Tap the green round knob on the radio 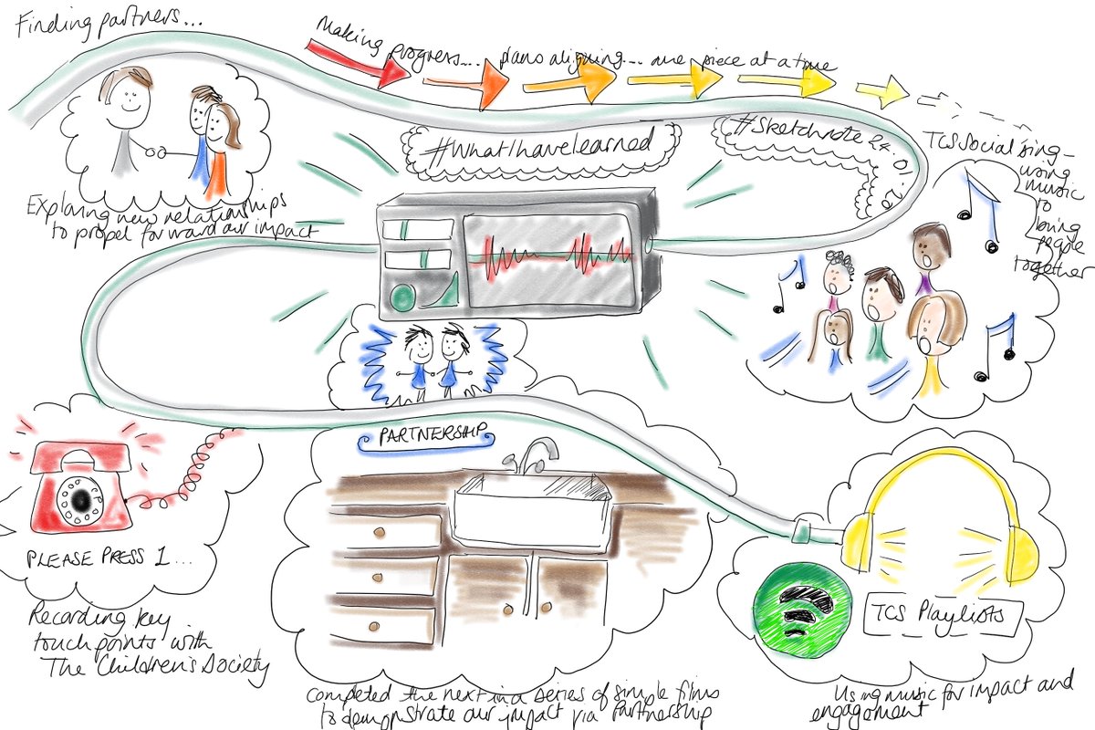(401, 296)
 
